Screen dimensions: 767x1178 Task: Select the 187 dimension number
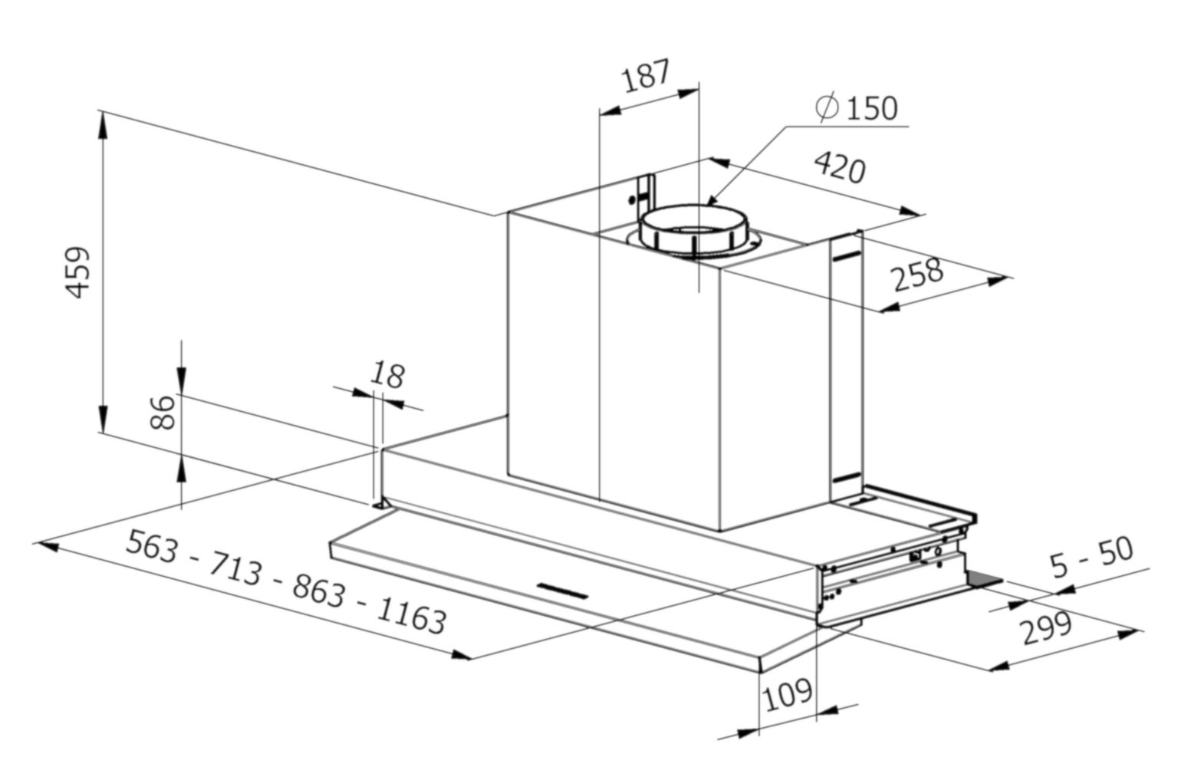tap(646, 76)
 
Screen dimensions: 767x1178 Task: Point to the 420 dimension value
tap(839, 167)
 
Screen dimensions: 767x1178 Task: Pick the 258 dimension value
tap(918, 275)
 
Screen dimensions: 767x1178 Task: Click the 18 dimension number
tap(387, 375)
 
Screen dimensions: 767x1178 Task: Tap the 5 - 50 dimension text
tap(1092, 558)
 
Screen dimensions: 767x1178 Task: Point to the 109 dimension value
tap(788, 693)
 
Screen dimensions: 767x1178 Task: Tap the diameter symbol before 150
tap(827, 107)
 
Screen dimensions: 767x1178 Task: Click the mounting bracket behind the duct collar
tap(644, 192)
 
